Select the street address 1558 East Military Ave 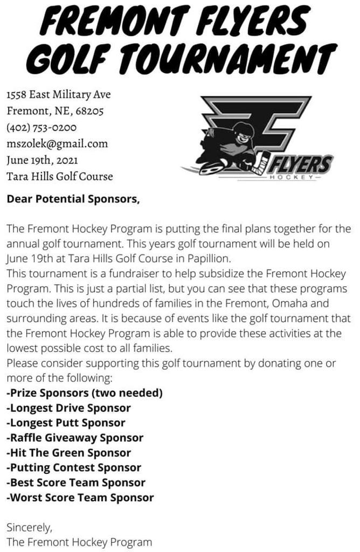58,95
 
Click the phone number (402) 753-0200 41,128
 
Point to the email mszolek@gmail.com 57,144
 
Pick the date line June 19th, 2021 42,160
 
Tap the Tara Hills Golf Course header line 60,176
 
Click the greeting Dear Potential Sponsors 73,199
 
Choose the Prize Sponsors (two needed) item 85,393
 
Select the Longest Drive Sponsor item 68,408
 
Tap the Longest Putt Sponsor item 66,423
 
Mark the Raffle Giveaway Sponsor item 75,438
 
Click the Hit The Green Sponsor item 68,453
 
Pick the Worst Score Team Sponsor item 80,498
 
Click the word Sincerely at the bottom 29,527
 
